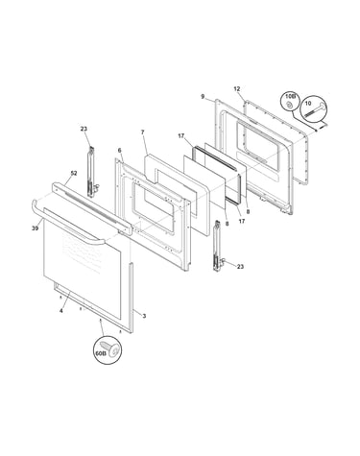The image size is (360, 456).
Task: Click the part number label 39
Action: tap(36, 228)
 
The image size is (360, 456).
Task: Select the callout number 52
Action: tap(74, 173)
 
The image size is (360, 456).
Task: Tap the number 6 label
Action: tap(119, 150)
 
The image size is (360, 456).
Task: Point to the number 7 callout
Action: tap(143, 132)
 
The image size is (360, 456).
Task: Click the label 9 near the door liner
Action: tap(203, 96)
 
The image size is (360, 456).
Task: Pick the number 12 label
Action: tap(237, 89)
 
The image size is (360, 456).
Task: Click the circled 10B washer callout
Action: tap(290, 102)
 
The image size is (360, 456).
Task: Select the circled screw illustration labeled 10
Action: tap(314, 108)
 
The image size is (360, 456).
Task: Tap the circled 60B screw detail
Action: tap(108, 351)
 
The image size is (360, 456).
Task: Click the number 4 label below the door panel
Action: tap(61, 310)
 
